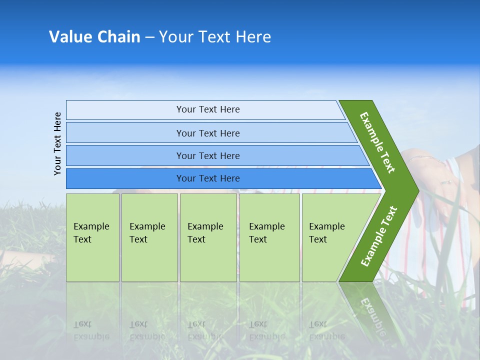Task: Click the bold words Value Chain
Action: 94,37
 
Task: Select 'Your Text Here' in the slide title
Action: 215,37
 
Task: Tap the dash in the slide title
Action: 149,37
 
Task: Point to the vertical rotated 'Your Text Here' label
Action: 57,143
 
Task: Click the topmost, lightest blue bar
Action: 205,109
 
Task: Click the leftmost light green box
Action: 92,237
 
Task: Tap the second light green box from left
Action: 149,237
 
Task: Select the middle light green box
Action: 208,237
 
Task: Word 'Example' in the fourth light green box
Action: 266,226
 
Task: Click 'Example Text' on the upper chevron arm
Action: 377,142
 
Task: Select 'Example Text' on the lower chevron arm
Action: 378,236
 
